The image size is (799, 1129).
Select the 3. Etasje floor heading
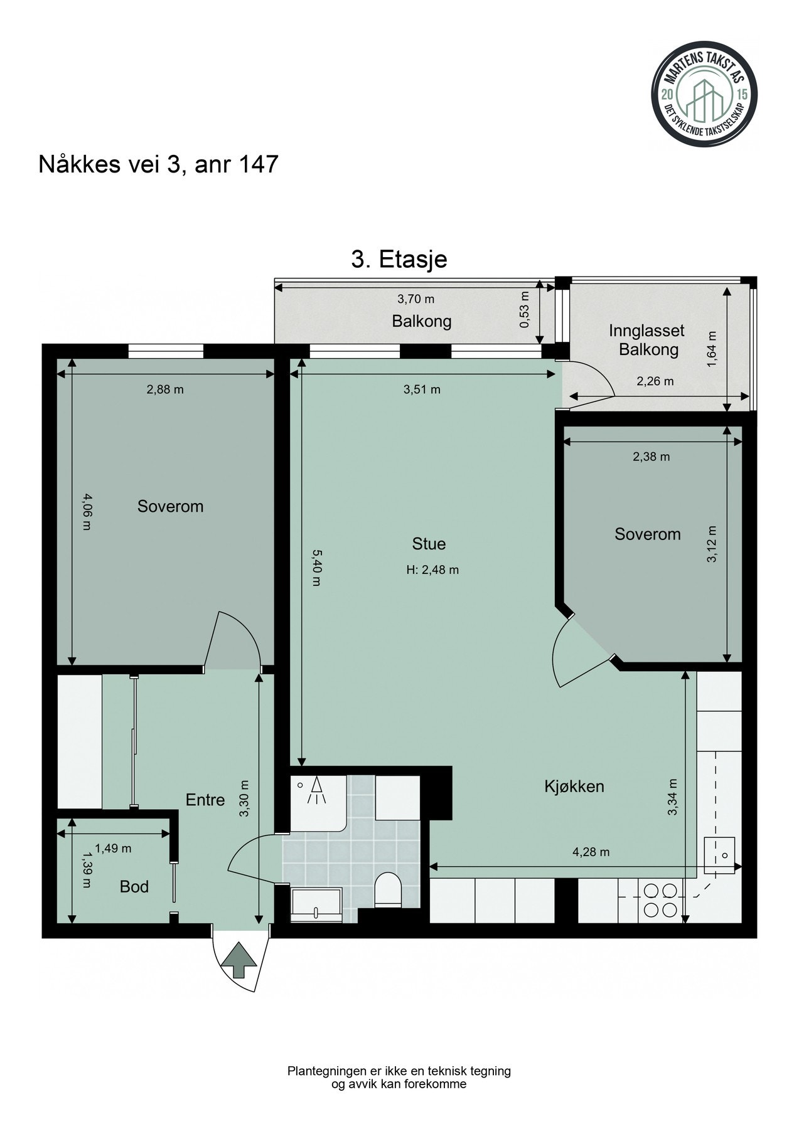pos(399,259)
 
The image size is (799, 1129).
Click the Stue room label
pos(429,543)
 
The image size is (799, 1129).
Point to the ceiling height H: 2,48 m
pos(432,570)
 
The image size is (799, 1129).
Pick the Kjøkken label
pos(574,787)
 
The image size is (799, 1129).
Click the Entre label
pos(205,800)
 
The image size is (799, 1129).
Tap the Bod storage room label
pos(134,886)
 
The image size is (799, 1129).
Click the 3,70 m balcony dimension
pos(416,299)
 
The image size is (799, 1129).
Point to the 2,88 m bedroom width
pos(165,390)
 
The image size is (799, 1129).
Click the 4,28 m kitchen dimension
pos(591,852)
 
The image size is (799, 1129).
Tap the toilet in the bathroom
pos(388,891)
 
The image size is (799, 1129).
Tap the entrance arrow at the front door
pos(240,960)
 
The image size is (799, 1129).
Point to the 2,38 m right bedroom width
pos(651,457)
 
